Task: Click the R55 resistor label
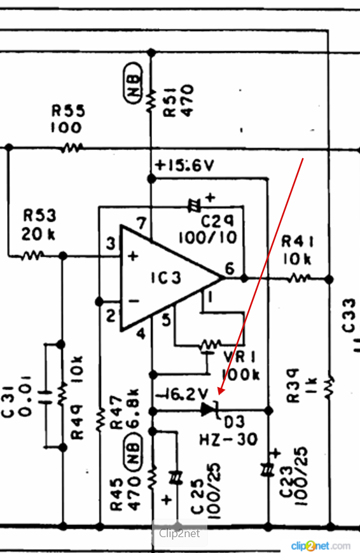coord(69,111)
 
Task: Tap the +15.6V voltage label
coord(184,165)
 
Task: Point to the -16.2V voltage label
coord(181,394)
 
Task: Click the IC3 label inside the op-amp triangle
coord(166,278)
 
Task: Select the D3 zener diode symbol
coord(210,410)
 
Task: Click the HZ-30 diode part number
coord(229,440)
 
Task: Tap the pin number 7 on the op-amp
coord(142,223)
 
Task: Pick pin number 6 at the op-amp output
coord(230,268)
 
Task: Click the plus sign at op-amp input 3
coord(133,256)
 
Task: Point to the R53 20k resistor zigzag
coord(32,255)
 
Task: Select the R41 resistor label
coord(297,242)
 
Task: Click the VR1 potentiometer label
coord(240,357)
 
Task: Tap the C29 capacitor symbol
coord(194,205)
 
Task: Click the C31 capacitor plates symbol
coord(45,393)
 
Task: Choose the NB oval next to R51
coord(134,83)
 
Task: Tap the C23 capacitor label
coord(287,482)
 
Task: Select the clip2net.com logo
coord(320,546)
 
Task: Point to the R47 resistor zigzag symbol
coord(100,420)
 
